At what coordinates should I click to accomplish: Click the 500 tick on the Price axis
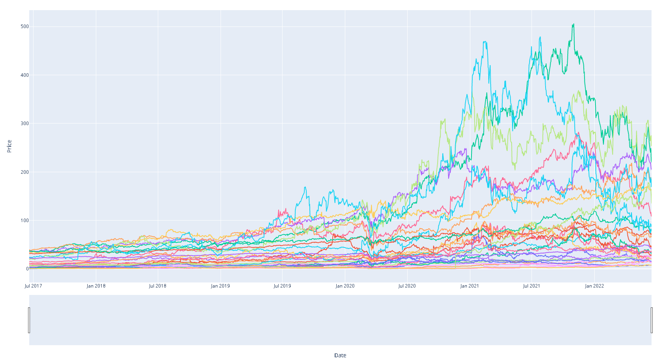25,26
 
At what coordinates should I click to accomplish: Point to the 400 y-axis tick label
25,75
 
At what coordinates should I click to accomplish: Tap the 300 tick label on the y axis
25,124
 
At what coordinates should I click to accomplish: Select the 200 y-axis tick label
25,172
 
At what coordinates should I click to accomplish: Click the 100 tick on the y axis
25,221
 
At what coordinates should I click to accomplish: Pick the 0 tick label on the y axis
27,269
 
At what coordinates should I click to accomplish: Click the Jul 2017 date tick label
33,286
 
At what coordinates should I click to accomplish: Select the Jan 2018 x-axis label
96,286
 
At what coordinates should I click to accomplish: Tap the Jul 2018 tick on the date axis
157,286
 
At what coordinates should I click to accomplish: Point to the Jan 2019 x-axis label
220,286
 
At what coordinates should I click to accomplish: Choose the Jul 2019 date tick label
282,286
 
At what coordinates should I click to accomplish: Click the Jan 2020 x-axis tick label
345,286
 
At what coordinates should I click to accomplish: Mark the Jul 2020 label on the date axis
407,286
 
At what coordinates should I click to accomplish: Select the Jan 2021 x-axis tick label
470,286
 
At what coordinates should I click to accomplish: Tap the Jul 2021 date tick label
532,286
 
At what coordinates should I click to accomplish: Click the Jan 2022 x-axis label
594,286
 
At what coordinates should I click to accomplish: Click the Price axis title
9,146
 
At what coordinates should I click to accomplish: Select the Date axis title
340,355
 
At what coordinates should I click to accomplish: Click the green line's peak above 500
573,24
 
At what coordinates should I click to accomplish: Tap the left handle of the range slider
29,320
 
